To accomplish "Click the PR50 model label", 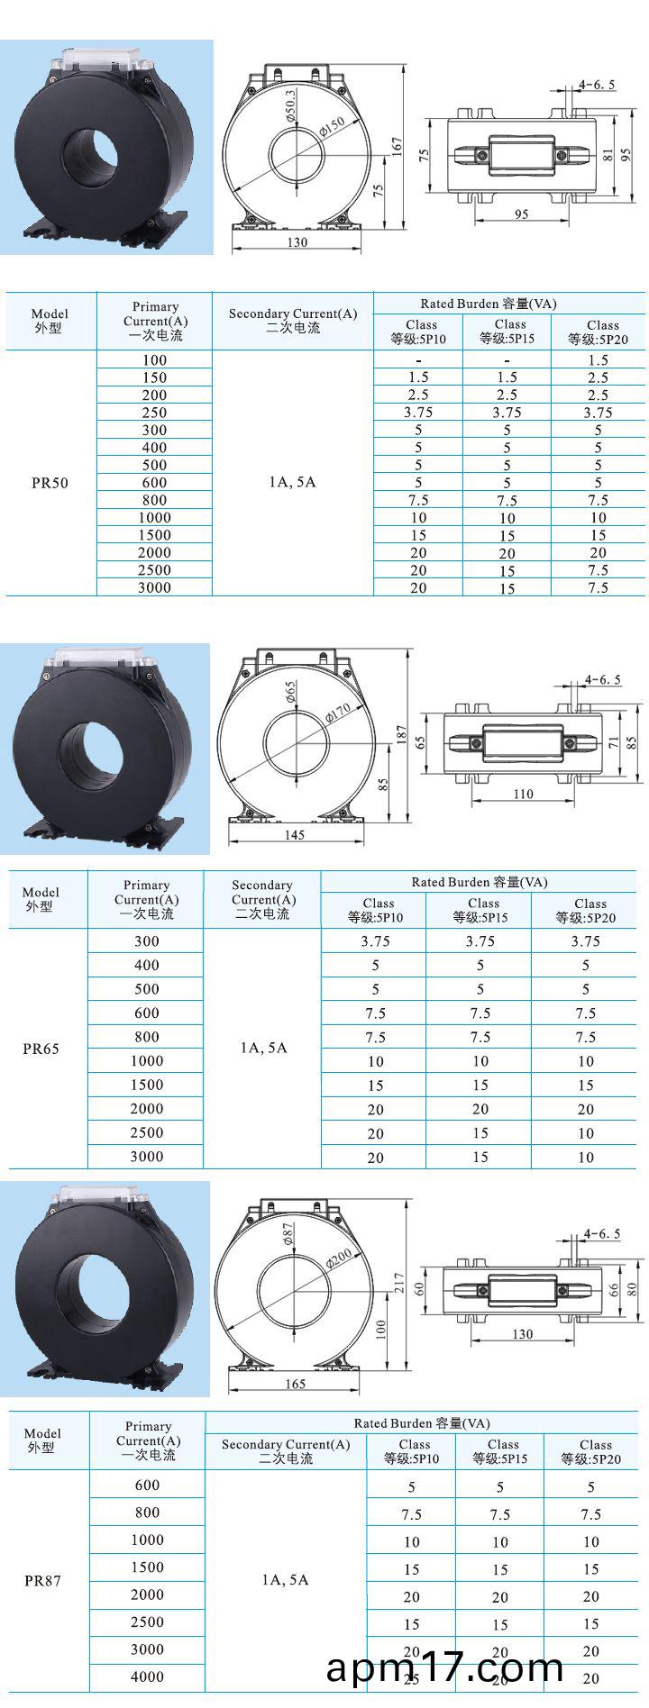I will point(50,483).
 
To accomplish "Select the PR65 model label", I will point(41,1049).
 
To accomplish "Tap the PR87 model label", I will point(42,1581).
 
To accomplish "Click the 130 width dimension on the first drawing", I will point(297,242).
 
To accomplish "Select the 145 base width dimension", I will point(294,835).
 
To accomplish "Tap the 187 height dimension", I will point(402,735).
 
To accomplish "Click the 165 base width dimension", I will point(295,1384).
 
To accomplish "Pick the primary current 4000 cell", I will point(147,1676).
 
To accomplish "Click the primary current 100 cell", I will point(154,359).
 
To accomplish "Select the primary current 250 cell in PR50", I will point(154,413).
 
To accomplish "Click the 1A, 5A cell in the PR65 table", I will point(263,1048).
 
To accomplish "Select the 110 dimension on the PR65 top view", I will point(523,795).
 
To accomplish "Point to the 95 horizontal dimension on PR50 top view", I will point(522,214).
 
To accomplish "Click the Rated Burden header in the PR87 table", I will point(422,1423).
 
